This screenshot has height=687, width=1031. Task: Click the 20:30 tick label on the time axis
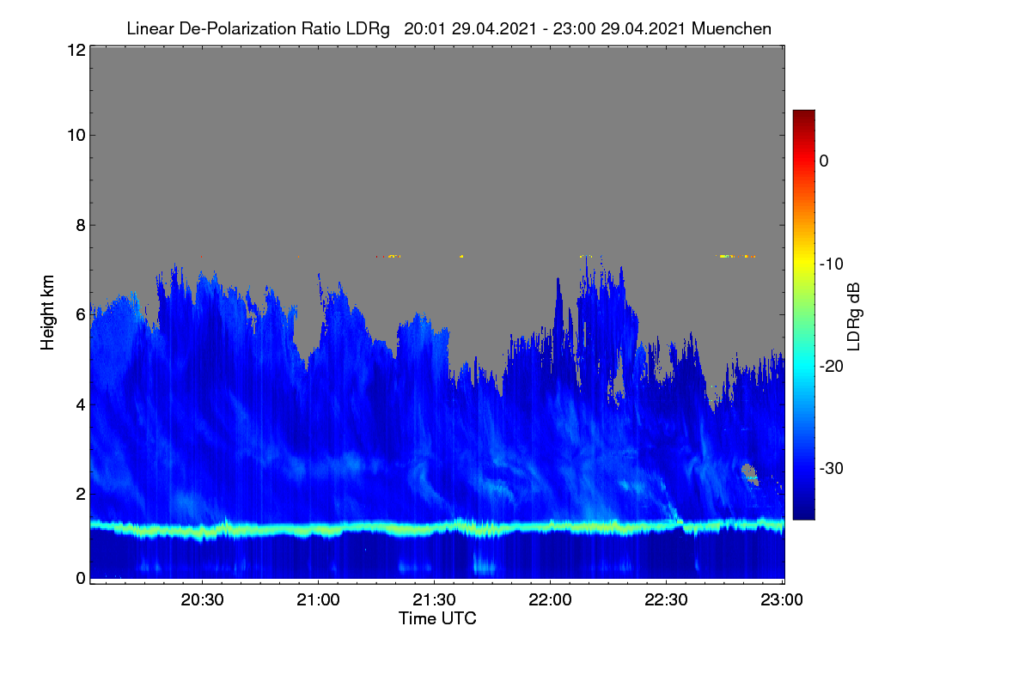pyautogui.click(x=202, y=599)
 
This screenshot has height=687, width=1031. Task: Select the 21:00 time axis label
pyautogui.click(x=318, y=599)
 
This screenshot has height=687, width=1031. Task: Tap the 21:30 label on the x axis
pyautogui.click(x=434, y=599)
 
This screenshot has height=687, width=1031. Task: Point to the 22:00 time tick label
pyautogui.click(x=550, y=599)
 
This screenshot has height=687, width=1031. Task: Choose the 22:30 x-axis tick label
pyautogui.click(x=666, y=599)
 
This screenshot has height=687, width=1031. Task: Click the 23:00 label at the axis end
pyautogui.click(x=782, y=599)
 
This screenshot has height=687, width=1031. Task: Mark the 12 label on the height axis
pyautogui.click(x=76, y=50)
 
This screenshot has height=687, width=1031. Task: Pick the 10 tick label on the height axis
pyautogui.click(x=76, y=136)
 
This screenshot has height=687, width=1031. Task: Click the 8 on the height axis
pyautogui.click(x=81, y=225)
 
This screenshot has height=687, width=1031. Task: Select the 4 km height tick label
pyautogui.click(x=81, y=405)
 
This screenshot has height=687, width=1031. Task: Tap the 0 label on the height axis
pyautogui.click(x=81, y=579)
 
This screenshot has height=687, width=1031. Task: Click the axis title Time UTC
pyautogui.click(x=437, y=618)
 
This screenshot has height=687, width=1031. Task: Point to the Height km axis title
pyautogui.click(x=47, y=313)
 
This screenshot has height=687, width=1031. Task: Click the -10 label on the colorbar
pyautogui.click(x=832, y=264)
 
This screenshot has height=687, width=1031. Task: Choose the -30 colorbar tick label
pyautogui.click(x=832, y=468)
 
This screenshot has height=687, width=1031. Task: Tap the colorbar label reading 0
pyautogui.click(x=824, y=161)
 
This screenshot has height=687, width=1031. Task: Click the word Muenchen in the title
pyautogui.click(x=731, y=28)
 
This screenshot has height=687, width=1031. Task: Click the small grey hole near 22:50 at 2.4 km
pyautogui.click(x=749, y=472)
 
